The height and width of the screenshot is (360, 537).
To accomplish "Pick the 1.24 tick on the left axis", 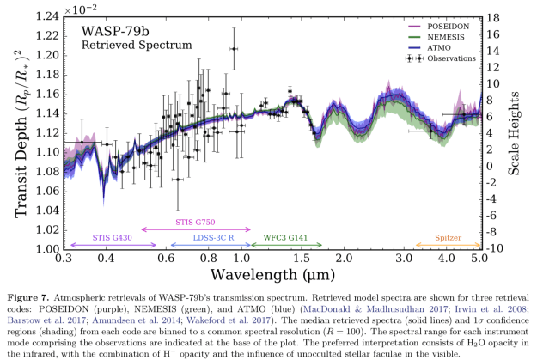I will pos(43,16).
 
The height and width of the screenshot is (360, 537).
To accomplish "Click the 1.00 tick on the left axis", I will pos(43,249).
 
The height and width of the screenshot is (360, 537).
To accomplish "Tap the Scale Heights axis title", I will pos(517,133).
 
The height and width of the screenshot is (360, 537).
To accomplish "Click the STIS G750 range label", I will pos(195,222).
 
